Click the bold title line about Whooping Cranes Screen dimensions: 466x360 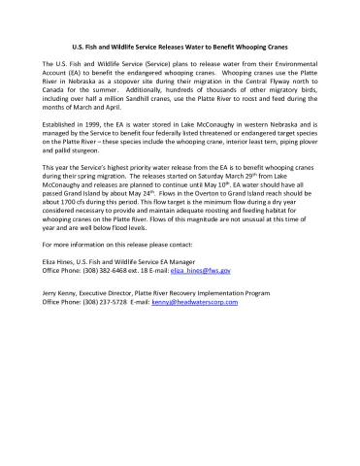(x=180, y=47)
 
